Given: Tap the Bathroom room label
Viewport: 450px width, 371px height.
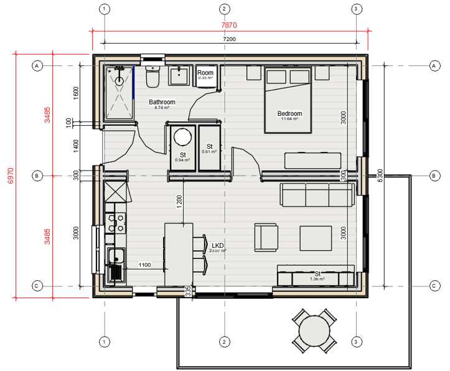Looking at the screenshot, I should pyautogui.click(x=162, y=102).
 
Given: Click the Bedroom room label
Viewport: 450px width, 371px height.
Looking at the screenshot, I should pyautogui.click(x=289, y=114).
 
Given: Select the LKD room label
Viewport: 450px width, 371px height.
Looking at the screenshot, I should pyautogui.click(x=218, y=246).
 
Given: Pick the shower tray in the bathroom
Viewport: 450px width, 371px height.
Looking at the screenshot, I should pyautogui.click(x=118, y=92).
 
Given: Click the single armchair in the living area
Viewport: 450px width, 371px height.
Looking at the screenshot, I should pyautogui.click(x=266, y=237).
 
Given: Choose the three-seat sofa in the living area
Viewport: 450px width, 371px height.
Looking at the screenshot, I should pyautogui.click(x=316, y=195).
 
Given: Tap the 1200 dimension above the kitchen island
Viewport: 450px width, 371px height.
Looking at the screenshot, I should pyautogui.click(x=179, y=202).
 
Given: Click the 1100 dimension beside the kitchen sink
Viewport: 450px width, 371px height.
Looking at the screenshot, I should pyautogui.click(x=144, y=265).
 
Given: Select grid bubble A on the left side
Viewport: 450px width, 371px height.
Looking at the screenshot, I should pyautogui.click(x=37, y=65).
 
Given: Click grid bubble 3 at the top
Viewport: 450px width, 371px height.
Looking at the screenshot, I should pyautogui.click(x=356, y=9).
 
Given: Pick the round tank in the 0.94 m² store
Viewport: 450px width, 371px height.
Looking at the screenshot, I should pyautogui.click(x=182, y=137).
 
